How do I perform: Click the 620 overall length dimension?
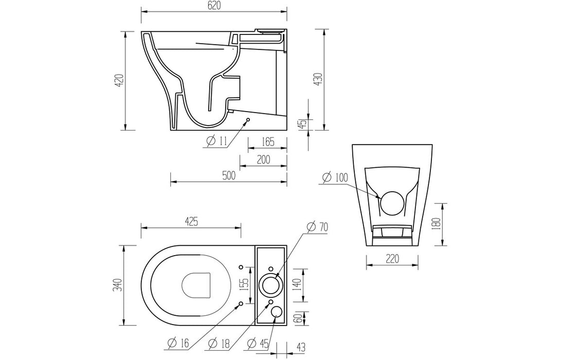click(214, 6)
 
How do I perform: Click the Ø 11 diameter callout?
click(215, 141)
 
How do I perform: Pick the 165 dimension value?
click(267, 141)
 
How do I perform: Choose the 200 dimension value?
click(263, 159)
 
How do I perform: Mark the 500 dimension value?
click(229, 176)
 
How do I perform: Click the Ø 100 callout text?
click(335, 178)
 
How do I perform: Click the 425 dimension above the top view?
click(191, 222)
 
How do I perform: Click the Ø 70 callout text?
click(317, 226)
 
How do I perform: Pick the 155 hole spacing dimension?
click(245, 284)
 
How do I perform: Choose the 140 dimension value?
click(297, 284)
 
